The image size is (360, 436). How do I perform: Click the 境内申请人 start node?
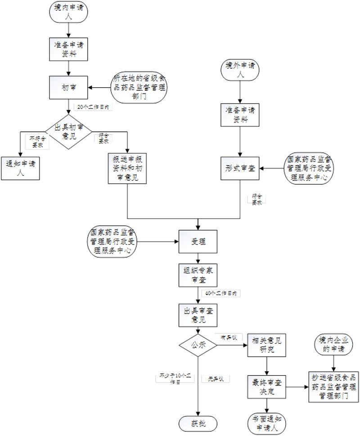click(x=68, y=13)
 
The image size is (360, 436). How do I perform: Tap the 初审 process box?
click(x=68, y=88)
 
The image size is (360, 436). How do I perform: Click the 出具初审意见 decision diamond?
click(x=69, y=131)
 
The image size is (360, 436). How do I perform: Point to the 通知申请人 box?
click(x=20, y=168)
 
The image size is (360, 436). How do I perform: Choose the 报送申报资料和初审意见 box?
click(x=128, y=168)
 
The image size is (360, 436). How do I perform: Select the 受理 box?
click(x=198, y=242)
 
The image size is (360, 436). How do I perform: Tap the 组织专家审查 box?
click(x=198, y=275)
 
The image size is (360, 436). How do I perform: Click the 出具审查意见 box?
click(x=198, y=315)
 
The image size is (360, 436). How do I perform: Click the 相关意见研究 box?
click(x=267, y=345)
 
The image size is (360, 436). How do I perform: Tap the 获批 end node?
click(x=198, y=423)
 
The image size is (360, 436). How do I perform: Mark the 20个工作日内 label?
click(x=92, y=108)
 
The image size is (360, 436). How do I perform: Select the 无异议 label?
click(x=216, y=379)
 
